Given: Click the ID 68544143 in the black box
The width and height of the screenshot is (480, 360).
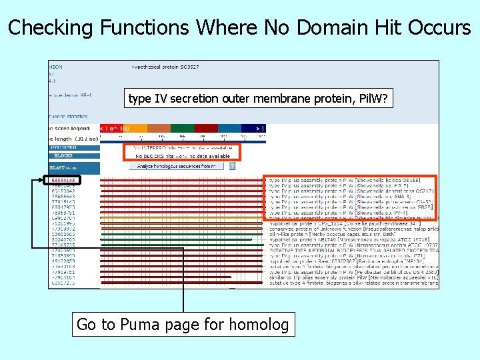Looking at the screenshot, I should (63, 180).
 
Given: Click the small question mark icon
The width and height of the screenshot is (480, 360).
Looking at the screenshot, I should (232, 165).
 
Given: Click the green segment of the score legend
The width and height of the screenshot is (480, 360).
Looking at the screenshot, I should (182, 127).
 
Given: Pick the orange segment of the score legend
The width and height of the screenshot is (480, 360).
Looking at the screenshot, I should (159, 127).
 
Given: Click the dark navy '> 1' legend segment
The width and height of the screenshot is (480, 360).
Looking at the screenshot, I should (253, 127).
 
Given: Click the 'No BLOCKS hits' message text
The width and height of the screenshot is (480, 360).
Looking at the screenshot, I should (180, 155).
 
